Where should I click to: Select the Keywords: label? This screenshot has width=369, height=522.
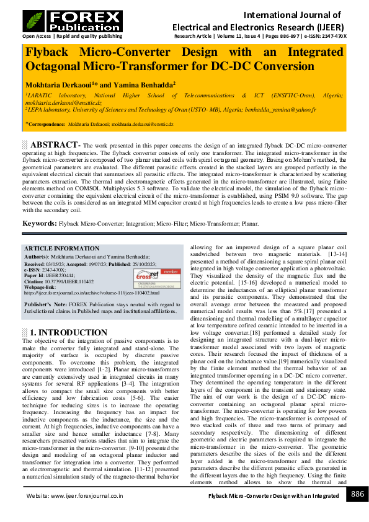click(40, 223)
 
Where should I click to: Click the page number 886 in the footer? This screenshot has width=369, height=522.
click(357, 494)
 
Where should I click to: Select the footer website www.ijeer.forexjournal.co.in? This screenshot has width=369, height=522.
click(88, 496)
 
